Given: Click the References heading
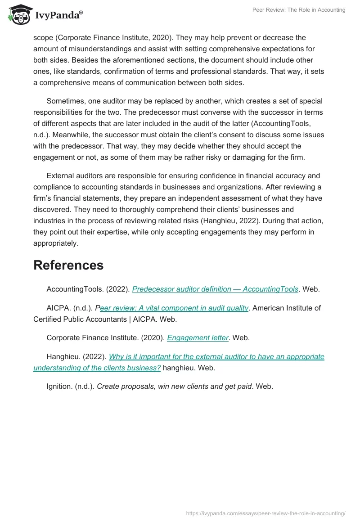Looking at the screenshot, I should [68, 265].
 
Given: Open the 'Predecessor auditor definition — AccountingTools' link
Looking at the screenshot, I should [215, 289].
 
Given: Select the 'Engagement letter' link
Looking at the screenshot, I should [198, 337].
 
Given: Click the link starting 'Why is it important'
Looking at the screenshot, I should [216, 356].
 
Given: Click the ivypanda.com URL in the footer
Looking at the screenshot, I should [265, 513].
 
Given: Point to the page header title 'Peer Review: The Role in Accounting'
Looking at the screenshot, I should [298, 10].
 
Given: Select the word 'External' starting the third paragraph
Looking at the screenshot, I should [61, 175].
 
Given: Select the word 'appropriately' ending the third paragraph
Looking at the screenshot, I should [55, 243].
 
